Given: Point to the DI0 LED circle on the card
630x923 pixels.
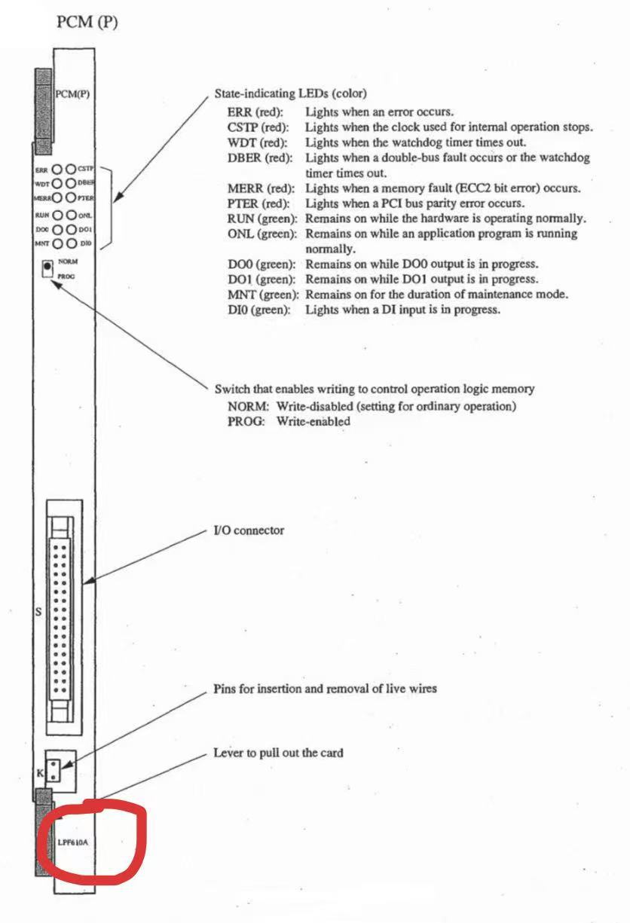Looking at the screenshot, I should (71, 243).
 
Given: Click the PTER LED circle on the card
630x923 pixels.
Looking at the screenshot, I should (71, 197).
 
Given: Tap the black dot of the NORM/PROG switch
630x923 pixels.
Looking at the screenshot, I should (47, 266).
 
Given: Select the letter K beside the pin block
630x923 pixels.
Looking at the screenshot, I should (40, 772).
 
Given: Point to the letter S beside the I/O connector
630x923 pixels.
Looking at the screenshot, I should (38, 612).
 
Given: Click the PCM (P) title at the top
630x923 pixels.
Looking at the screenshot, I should (87, 23).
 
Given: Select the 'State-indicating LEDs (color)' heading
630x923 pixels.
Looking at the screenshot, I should (291, 94).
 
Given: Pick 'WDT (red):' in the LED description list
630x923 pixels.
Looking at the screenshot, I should (255, 142).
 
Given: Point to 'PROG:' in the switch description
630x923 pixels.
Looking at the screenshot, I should (246, 422).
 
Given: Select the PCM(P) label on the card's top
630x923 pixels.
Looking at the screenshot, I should (75, 94).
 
